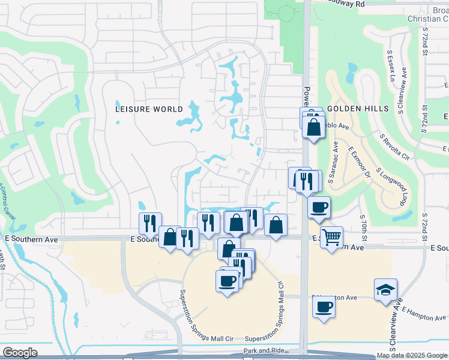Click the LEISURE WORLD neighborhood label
149,109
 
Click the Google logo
20,353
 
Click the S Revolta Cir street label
394,145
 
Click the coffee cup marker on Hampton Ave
324,307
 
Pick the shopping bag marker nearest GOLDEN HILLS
313,127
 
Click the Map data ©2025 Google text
412,355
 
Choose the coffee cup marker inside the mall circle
228,281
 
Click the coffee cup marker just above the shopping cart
319,208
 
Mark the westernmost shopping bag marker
170,237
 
